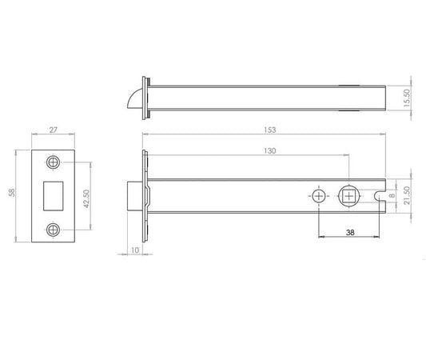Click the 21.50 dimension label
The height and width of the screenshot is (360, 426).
(x=408, y=196)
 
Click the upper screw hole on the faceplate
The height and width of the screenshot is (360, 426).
(x=54, y=162)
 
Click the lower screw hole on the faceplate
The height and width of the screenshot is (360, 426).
(x=54, y=228)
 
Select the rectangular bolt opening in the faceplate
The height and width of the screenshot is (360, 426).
(x=53, y=195)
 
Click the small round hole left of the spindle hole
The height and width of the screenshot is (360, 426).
(x=320, y=196)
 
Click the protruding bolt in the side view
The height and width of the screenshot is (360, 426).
(x=136, y=195)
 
